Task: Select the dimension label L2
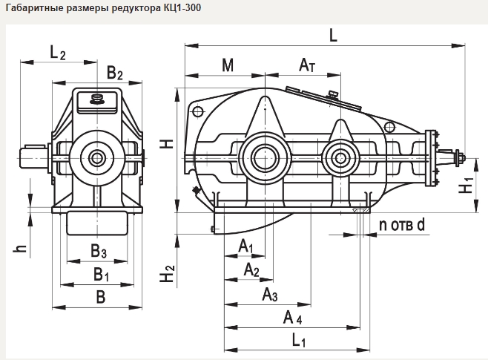[x=58, y=52]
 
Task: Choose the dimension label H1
[x=466, y=187]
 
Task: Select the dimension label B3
[x=99, y=252]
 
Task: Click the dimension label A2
[x=251, y=270]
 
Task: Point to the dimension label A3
[x=269, y=295]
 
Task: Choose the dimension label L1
[x=299, y=341]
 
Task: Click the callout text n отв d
[x=401, y=225]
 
